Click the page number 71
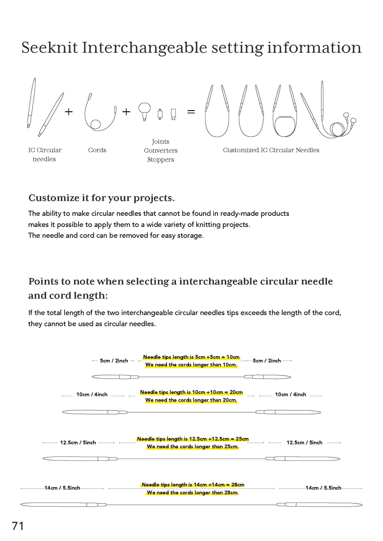18,526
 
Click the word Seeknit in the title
50,48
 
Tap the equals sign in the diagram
191,112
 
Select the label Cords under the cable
97,150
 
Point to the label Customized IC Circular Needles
271,150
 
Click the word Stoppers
161,160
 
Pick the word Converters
161,151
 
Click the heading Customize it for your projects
102,198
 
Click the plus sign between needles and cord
69,112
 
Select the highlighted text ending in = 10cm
191,357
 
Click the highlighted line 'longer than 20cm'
191,400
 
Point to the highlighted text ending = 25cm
193,439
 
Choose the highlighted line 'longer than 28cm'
193,493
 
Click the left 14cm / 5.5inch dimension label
62,488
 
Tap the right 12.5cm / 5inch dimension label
304,442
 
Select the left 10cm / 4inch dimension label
92,394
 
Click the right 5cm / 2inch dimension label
267,361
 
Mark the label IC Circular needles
45,154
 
